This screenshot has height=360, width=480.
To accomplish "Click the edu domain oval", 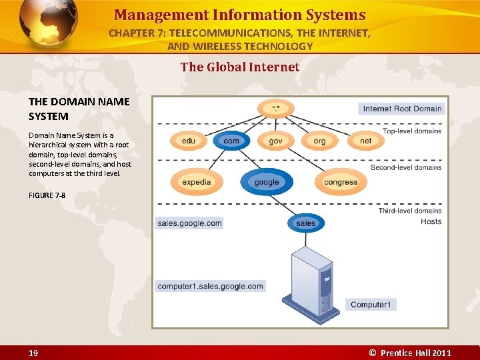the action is tap(189, 141).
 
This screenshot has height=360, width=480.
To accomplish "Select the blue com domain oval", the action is tap(231, 141).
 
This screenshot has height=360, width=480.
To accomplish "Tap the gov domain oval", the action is tap(276, 141).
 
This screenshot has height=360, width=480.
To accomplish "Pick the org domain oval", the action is tap(319, 141).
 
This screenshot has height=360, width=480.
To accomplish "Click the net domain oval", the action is tap(365, 141).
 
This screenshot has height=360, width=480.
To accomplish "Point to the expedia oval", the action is tap(196, 182).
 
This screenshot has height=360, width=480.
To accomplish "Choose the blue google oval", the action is tap(267, 182).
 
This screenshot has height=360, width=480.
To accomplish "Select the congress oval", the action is tap(341, 182).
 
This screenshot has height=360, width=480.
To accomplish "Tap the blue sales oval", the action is tap(305, 223).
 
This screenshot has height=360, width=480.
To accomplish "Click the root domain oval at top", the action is tap(275, 108).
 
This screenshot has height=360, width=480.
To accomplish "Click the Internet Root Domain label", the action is tap(402, 109).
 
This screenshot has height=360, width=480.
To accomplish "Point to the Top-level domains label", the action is tap(412, 131).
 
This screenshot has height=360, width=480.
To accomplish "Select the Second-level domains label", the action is tap(406, 167).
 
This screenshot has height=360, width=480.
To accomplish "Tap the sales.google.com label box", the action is tap(189, 223).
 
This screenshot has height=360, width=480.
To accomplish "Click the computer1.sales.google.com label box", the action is tap(211, 286).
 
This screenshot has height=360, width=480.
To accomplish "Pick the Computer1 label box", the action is tap(370, 305).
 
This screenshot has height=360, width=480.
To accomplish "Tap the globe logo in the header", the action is tap(47, 23).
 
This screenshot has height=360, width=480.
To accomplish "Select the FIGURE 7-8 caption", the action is tap(47, 195).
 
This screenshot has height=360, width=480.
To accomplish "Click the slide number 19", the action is tap(33, 353).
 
